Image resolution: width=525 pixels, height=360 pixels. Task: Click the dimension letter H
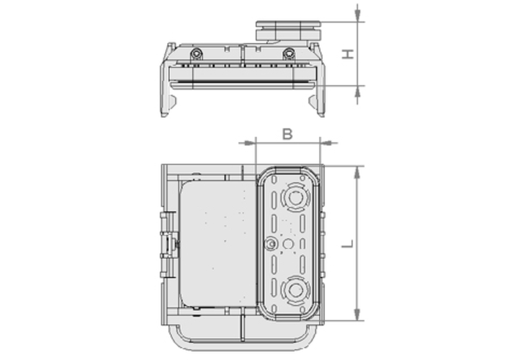click(348, 54)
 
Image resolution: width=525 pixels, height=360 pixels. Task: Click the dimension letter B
click(287, 134)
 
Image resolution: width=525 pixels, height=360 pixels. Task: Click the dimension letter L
click(348, 243)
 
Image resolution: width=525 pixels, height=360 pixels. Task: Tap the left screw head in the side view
click(197, 53)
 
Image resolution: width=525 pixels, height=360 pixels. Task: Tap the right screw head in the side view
click(289, 53)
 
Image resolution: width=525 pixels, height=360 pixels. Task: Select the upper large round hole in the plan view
click(295, 197)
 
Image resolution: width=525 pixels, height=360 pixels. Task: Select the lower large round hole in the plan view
click(295, 290)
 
